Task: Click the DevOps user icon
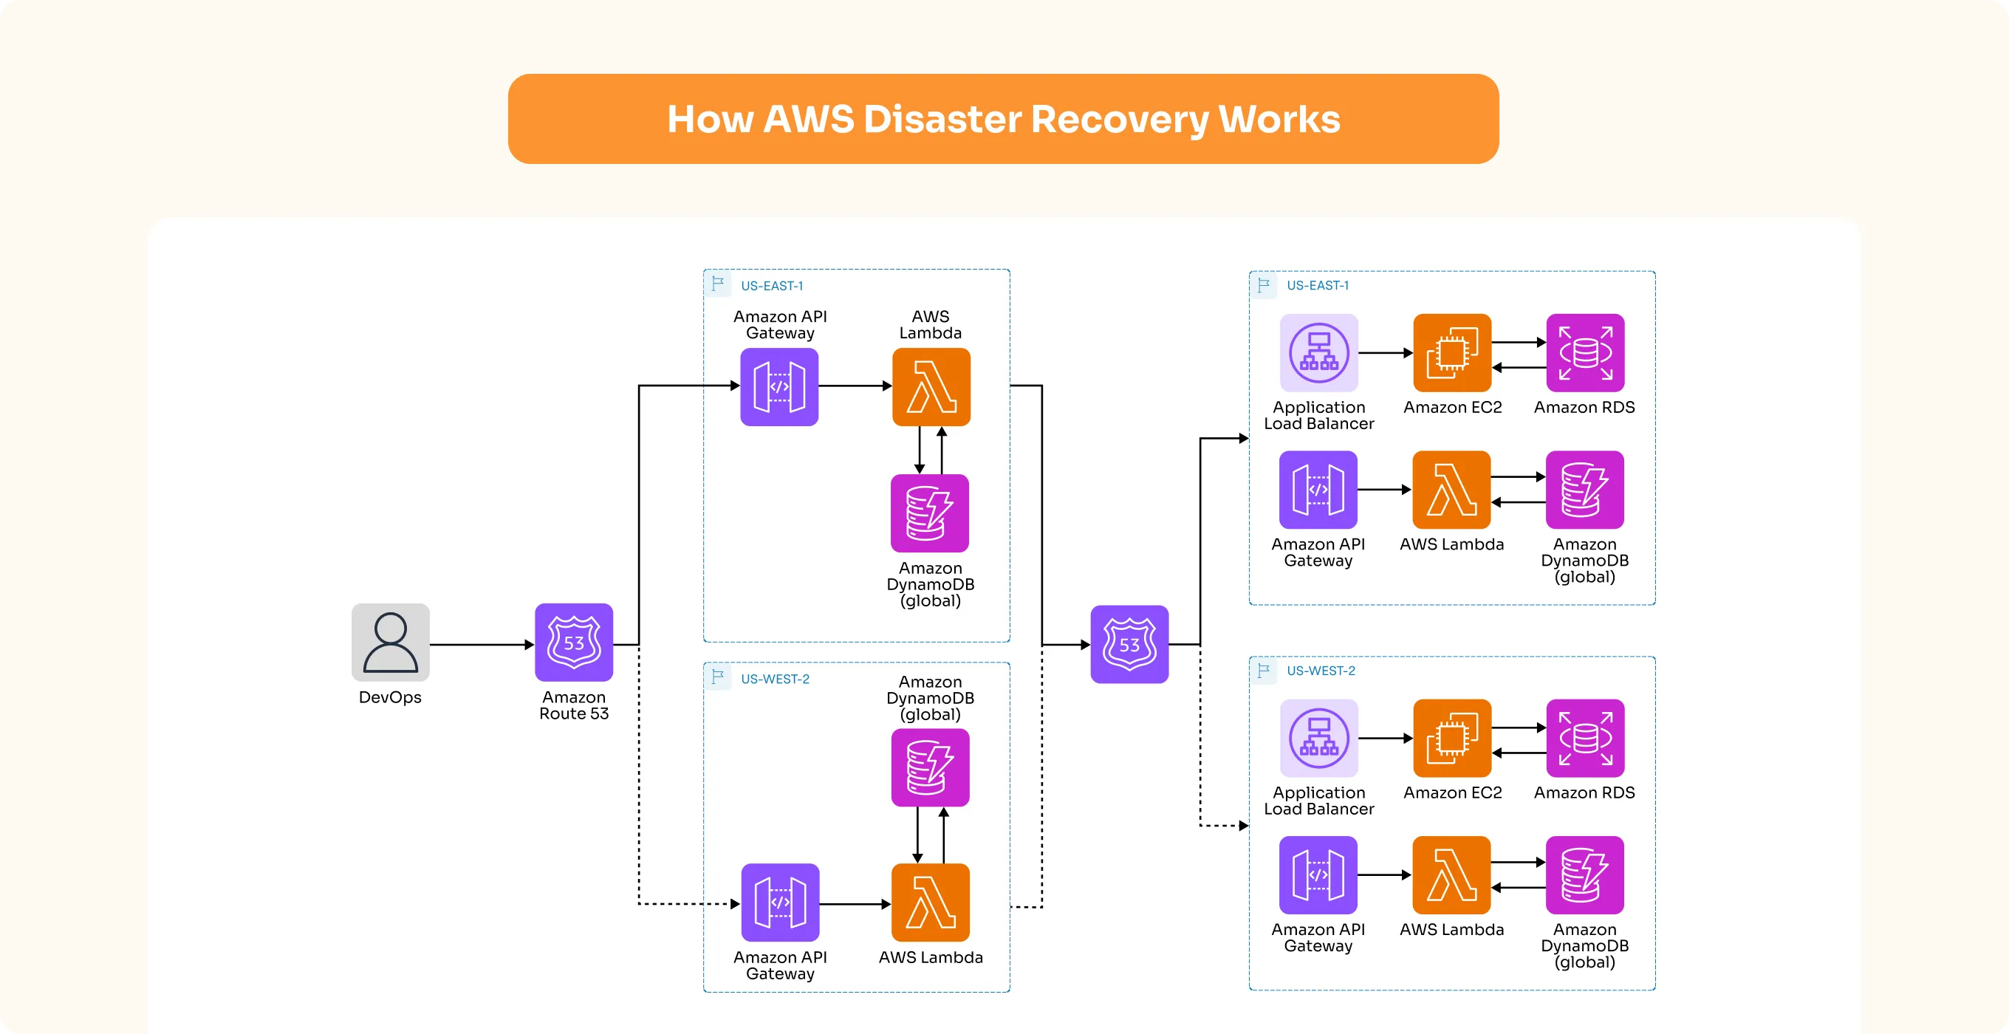(390, 642)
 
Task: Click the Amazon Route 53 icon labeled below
(573, 642)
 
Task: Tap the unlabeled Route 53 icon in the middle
(1129, 644)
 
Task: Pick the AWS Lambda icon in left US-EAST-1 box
(931, 387)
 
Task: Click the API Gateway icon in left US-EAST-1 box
(778, 387)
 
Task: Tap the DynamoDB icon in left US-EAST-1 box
(930, 513)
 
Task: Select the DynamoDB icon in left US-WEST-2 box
(930, 767)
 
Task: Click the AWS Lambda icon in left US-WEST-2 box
(930, 903)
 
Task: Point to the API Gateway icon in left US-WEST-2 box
(779, 903)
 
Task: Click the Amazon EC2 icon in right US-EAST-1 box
(1451, 352)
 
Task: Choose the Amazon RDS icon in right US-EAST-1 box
(1584, 352)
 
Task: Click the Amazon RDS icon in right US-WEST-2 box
(1584, 738)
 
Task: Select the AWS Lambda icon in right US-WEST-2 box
(1451, 875)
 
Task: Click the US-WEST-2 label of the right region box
(1321, 671)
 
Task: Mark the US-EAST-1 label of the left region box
(771, 286)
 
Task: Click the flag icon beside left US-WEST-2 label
(717, 676)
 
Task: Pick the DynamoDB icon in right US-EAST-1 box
(1584, 490)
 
